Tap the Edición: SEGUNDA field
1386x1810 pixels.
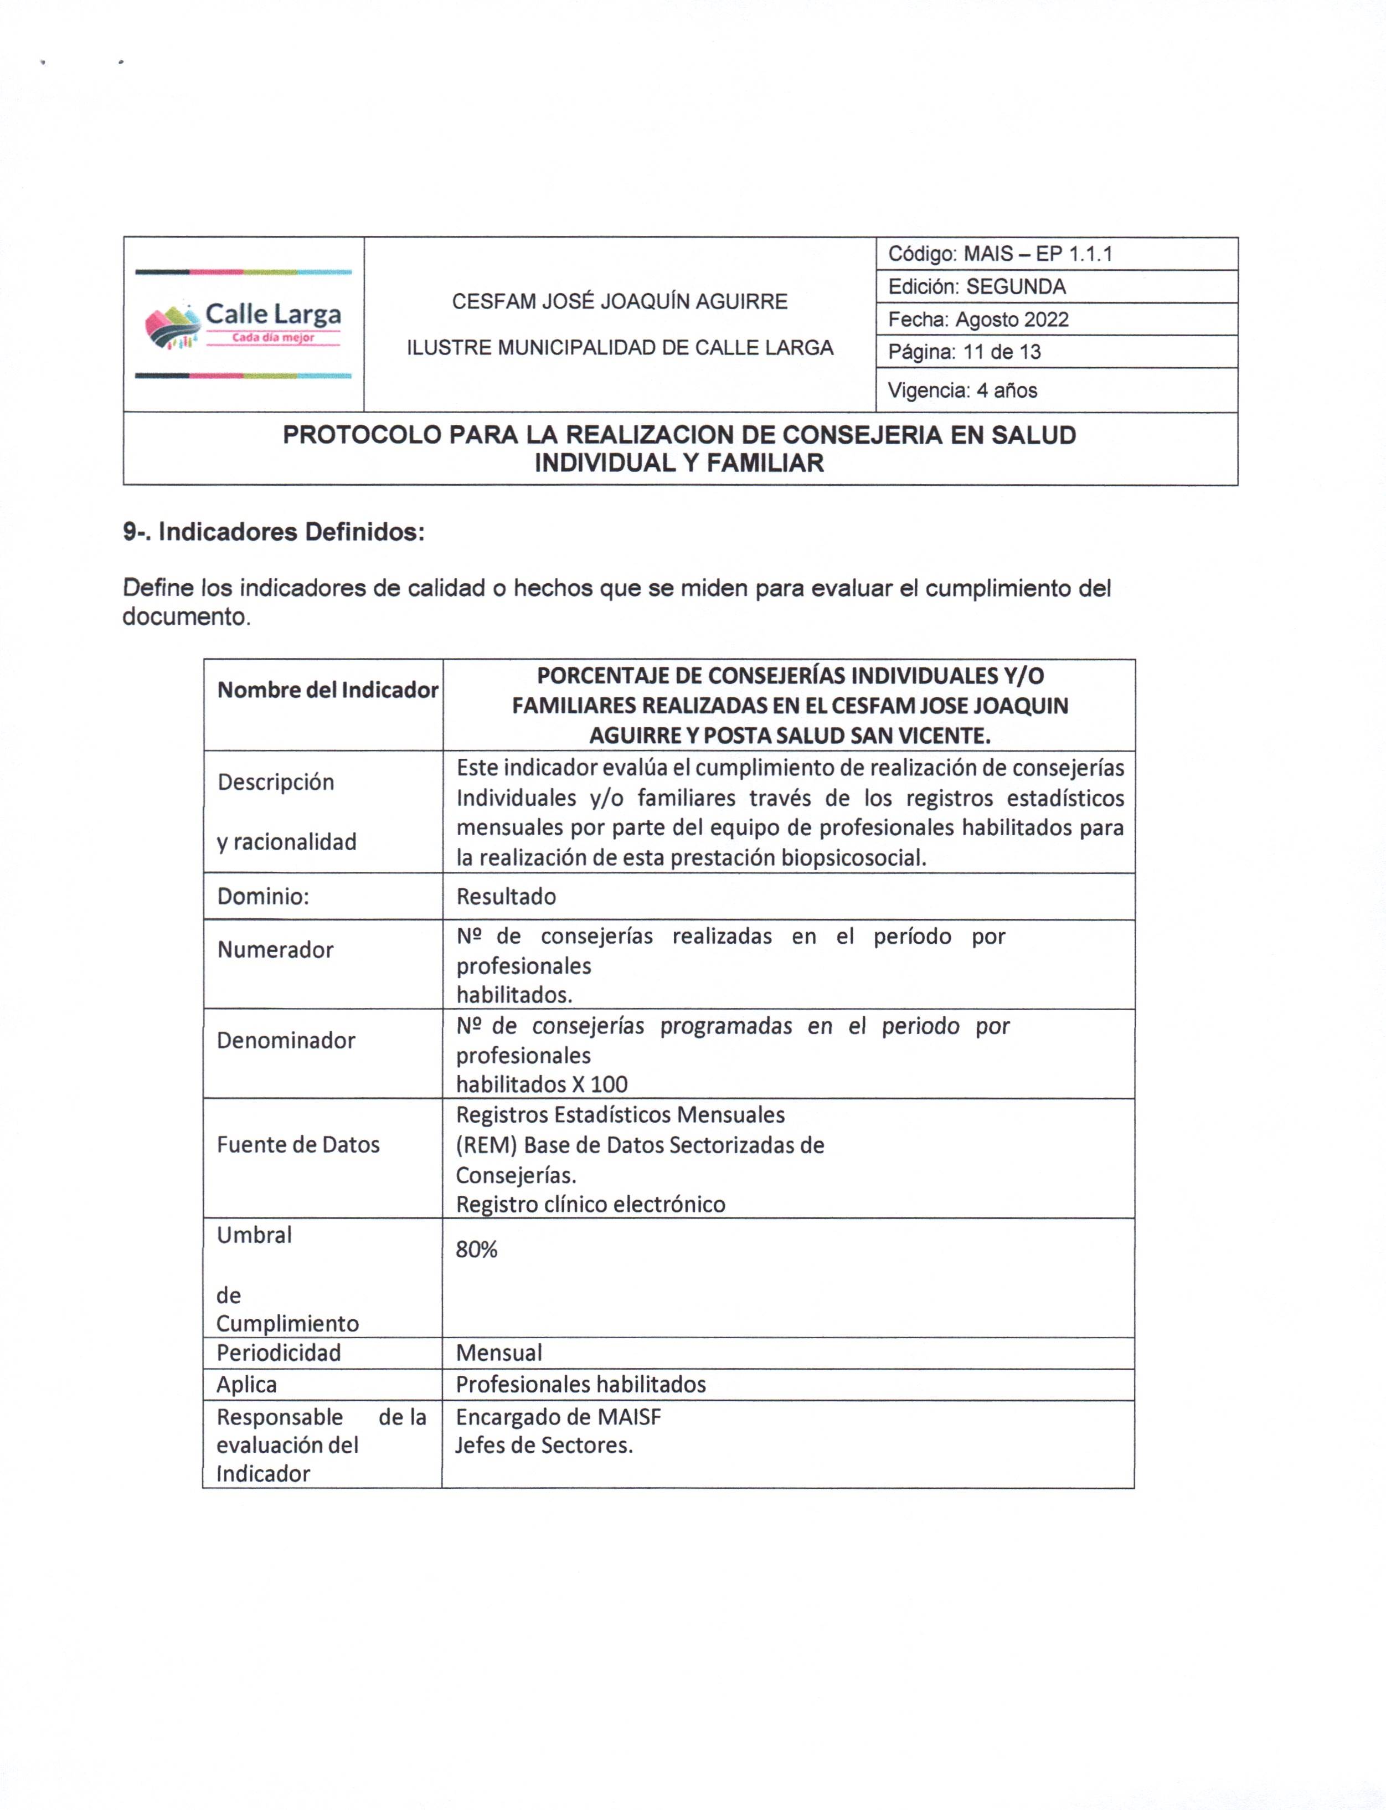(977, 287)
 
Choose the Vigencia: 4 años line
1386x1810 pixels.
(962, 390)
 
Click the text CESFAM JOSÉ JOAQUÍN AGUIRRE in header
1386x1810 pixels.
(620, 302)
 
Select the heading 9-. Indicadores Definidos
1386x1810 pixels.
(274, 532)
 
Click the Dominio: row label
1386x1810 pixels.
(263, 897)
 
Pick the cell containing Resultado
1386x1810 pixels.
(506, 897)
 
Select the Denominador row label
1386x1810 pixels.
(285, 1040)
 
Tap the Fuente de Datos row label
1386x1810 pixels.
(298, 1144)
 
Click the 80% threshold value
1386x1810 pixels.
(477, 1250)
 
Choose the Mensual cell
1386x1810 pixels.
(499, 1353)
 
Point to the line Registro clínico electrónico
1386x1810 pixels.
(591, 1205)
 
